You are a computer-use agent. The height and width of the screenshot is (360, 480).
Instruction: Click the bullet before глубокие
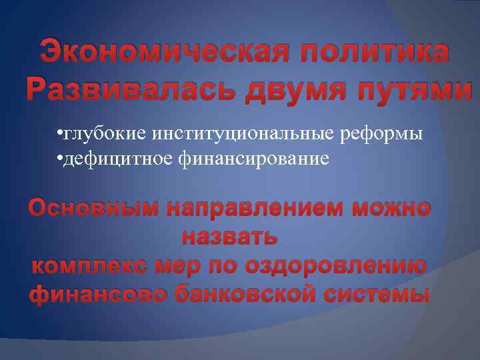(x=59, y=134)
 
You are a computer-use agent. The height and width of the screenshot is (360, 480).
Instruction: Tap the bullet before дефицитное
(x=59, y=159)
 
